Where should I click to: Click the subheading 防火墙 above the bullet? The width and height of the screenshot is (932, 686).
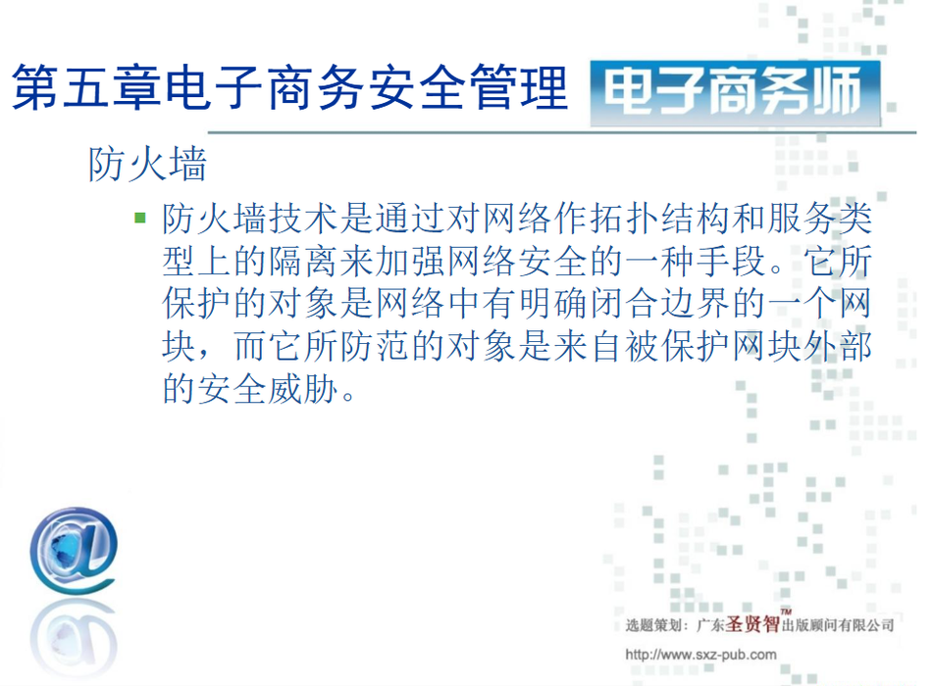pyautogui.click(x=147, y=164)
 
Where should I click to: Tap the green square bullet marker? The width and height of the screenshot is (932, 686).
pyautogui.click(x=140, y=218)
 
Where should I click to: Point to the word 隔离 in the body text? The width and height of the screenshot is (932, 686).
pyautogui.click(x=303, y=262)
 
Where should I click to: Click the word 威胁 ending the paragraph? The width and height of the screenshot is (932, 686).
pyautogui.click(x=303, y=390)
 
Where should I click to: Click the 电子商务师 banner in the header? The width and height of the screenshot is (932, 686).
pyautogui.click(x=735, y=93)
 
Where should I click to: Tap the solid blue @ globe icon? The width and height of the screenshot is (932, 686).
pyautogui.click(x=74, y=551)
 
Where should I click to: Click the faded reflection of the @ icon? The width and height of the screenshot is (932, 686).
pyautogui.click(x=73, y=639)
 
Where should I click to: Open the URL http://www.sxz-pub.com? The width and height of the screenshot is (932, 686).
pyautogui.click(x=700, y=655)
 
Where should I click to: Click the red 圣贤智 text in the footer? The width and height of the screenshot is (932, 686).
pyautogui.click(x=752, y=624)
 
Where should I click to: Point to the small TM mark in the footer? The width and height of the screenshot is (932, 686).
pyautogui.click(x=786, y=612)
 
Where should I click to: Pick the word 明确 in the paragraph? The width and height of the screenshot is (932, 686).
pyautogui.click(x=552, y=304)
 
